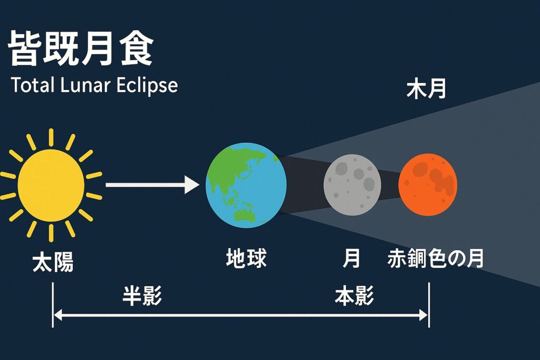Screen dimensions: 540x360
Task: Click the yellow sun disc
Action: pyautogui.click(x=51, y=185)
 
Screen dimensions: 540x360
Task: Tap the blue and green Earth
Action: pyautogui.click(x=246, y=185)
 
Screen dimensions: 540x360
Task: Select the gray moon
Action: pyautogui.click(x=352, y=185)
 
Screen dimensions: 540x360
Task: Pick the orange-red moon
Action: pyautogui.click(x=428, y=184)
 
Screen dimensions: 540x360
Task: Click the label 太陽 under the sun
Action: pyautogui.click(x=53, y=262)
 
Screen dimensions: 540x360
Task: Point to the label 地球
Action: pyautogui.click(x=246, y=258)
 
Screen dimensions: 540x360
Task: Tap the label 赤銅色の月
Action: pyautogui.click(x=435, y=258)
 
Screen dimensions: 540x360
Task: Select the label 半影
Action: pyautogui.click(x=142, y=296)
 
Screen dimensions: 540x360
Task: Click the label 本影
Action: pyautogui.click(x=354, y=296)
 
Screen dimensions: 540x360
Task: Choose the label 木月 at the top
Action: pyautogui.click(x=426, y=89)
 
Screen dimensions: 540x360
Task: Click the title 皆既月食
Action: pyautogui.click(x=81, y=48)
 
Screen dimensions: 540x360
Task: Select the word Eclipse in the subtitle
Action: pyautogui.click(x=147, y=85)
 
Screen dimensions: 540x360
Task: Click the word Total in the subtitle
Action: pyautogui.click(x=33, y=85)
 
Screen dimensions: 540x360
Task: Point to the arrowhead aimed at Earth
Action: pyautogui.click(x=192, y=185)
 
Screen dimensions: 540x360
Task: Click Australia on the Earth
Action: pyautogui.click(x=245, y=216)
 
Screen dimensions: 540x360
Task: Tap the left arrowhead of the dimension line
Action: pyautogui.click(x=58, y=315)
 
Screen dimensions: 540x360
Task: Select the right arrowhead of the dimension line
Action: pyautogui.click(x=423, y=315)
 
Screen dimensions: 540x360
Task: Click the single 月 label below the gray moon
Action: pyautogui.click(x=351, y=258)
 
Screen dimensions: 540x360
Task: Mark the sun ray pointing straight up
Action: pyautogui.click(x=51, y=138)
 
